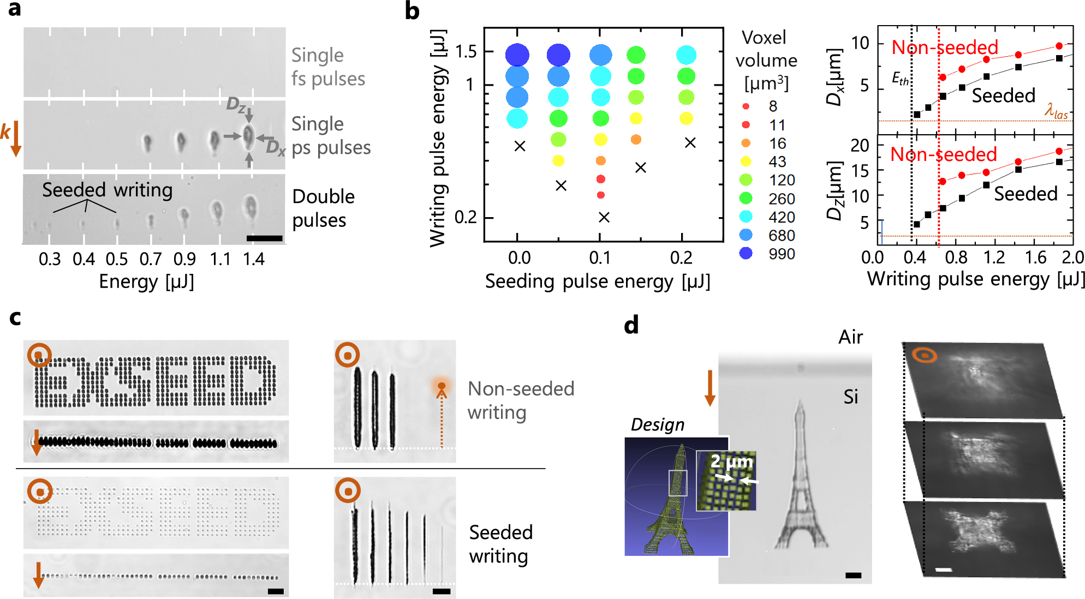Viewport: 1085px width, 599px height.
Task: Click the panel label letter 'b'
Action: [412, 11]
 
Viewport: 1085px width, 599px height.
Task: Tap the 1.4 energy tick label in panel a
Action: [254, 259]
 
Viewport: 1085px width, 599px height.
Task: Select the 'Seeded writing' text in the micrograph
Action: [108, 190]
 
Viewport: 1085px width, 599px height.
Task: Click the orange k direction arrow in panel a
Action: [16, 139]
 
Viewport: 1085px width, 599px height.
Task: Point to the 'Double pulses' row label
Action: [323, 208]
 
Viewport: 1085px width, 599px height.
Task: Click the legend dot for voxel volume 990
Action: [746, 253]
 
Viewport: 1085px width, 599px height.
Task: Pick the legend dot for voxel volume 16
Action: [746, 143]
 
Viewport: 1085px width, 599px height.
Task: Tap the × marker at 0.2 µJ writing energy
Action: [604, 217]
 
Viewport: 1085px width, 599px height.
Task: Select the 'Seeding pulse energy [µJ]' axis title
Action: [598, 281]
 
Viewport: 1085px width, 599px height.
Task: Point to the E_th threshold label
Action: [900, 79]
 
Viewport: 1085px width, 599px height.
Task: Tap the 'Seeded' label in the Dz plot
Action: [1026, 194]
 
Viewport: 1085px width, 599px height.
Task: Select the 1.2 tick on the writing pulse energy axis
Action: [994, 257]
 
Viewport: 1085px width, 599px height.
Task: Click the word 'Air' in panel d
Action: [850, 337]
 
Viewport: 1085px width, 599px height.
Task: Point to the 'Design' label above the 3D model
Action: [657, 424]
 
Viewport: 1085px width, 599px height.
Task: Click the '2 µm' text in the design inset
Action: [731, 462]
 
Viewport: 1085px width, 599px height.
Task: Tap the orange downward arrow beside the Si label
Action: [710, 388]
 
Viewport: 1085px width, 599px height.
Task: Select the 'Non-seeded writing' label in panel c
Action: [521, 400]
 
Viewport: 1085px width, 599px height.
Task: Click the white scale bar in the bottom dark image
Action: [943, 570]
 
